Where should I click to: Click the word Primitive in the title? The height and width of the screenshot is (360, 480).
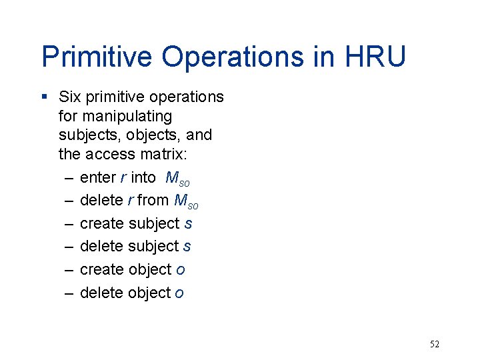coord(97,57)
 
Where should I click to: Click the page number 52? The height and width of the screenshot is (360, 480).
coord(435,344)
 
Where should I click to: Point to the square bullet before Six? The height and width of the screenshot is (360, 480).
coord(44,97)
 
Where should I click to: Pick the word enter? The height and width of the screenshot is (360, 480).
coord(97,177)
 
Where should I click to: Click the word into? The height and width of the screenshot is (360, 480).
coord(143,177)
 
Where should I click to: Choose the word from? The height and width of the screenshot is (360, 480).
coord(153,200)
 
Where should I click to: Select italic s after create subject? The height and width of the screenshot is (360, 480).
coord(188,223)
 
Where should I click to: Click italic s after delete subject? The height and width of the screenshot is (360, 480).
coord(187,246)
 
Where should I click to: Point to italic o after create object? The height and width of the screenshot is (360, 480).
coord(181,270)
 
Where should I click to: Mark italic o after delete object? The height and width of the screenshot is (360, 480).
coord(179,293)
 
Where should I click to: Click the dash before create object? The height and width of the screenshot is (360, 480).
coord(69,269)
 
